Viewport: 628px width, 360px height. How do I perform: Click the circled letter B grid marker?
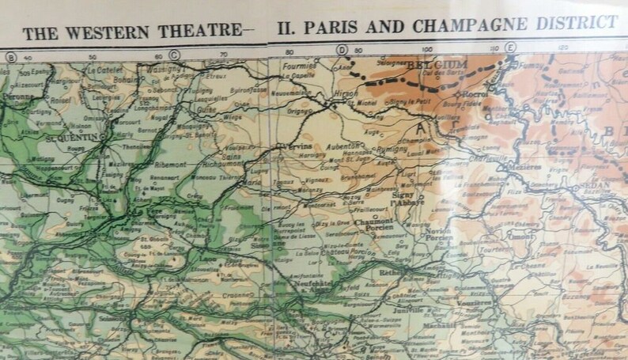click(x=11, y=57)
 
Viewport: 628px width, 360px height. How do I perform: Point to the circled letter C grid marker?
click(x=174, y=55)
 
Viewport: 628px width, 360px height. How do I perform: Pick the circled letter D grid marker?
click(x=342, y=51)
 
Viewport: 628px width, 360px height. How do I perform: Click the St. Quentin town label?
click(x=71, y=136)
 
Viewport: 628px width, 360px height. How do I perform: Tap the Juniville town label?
click(x=405, y=312)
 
